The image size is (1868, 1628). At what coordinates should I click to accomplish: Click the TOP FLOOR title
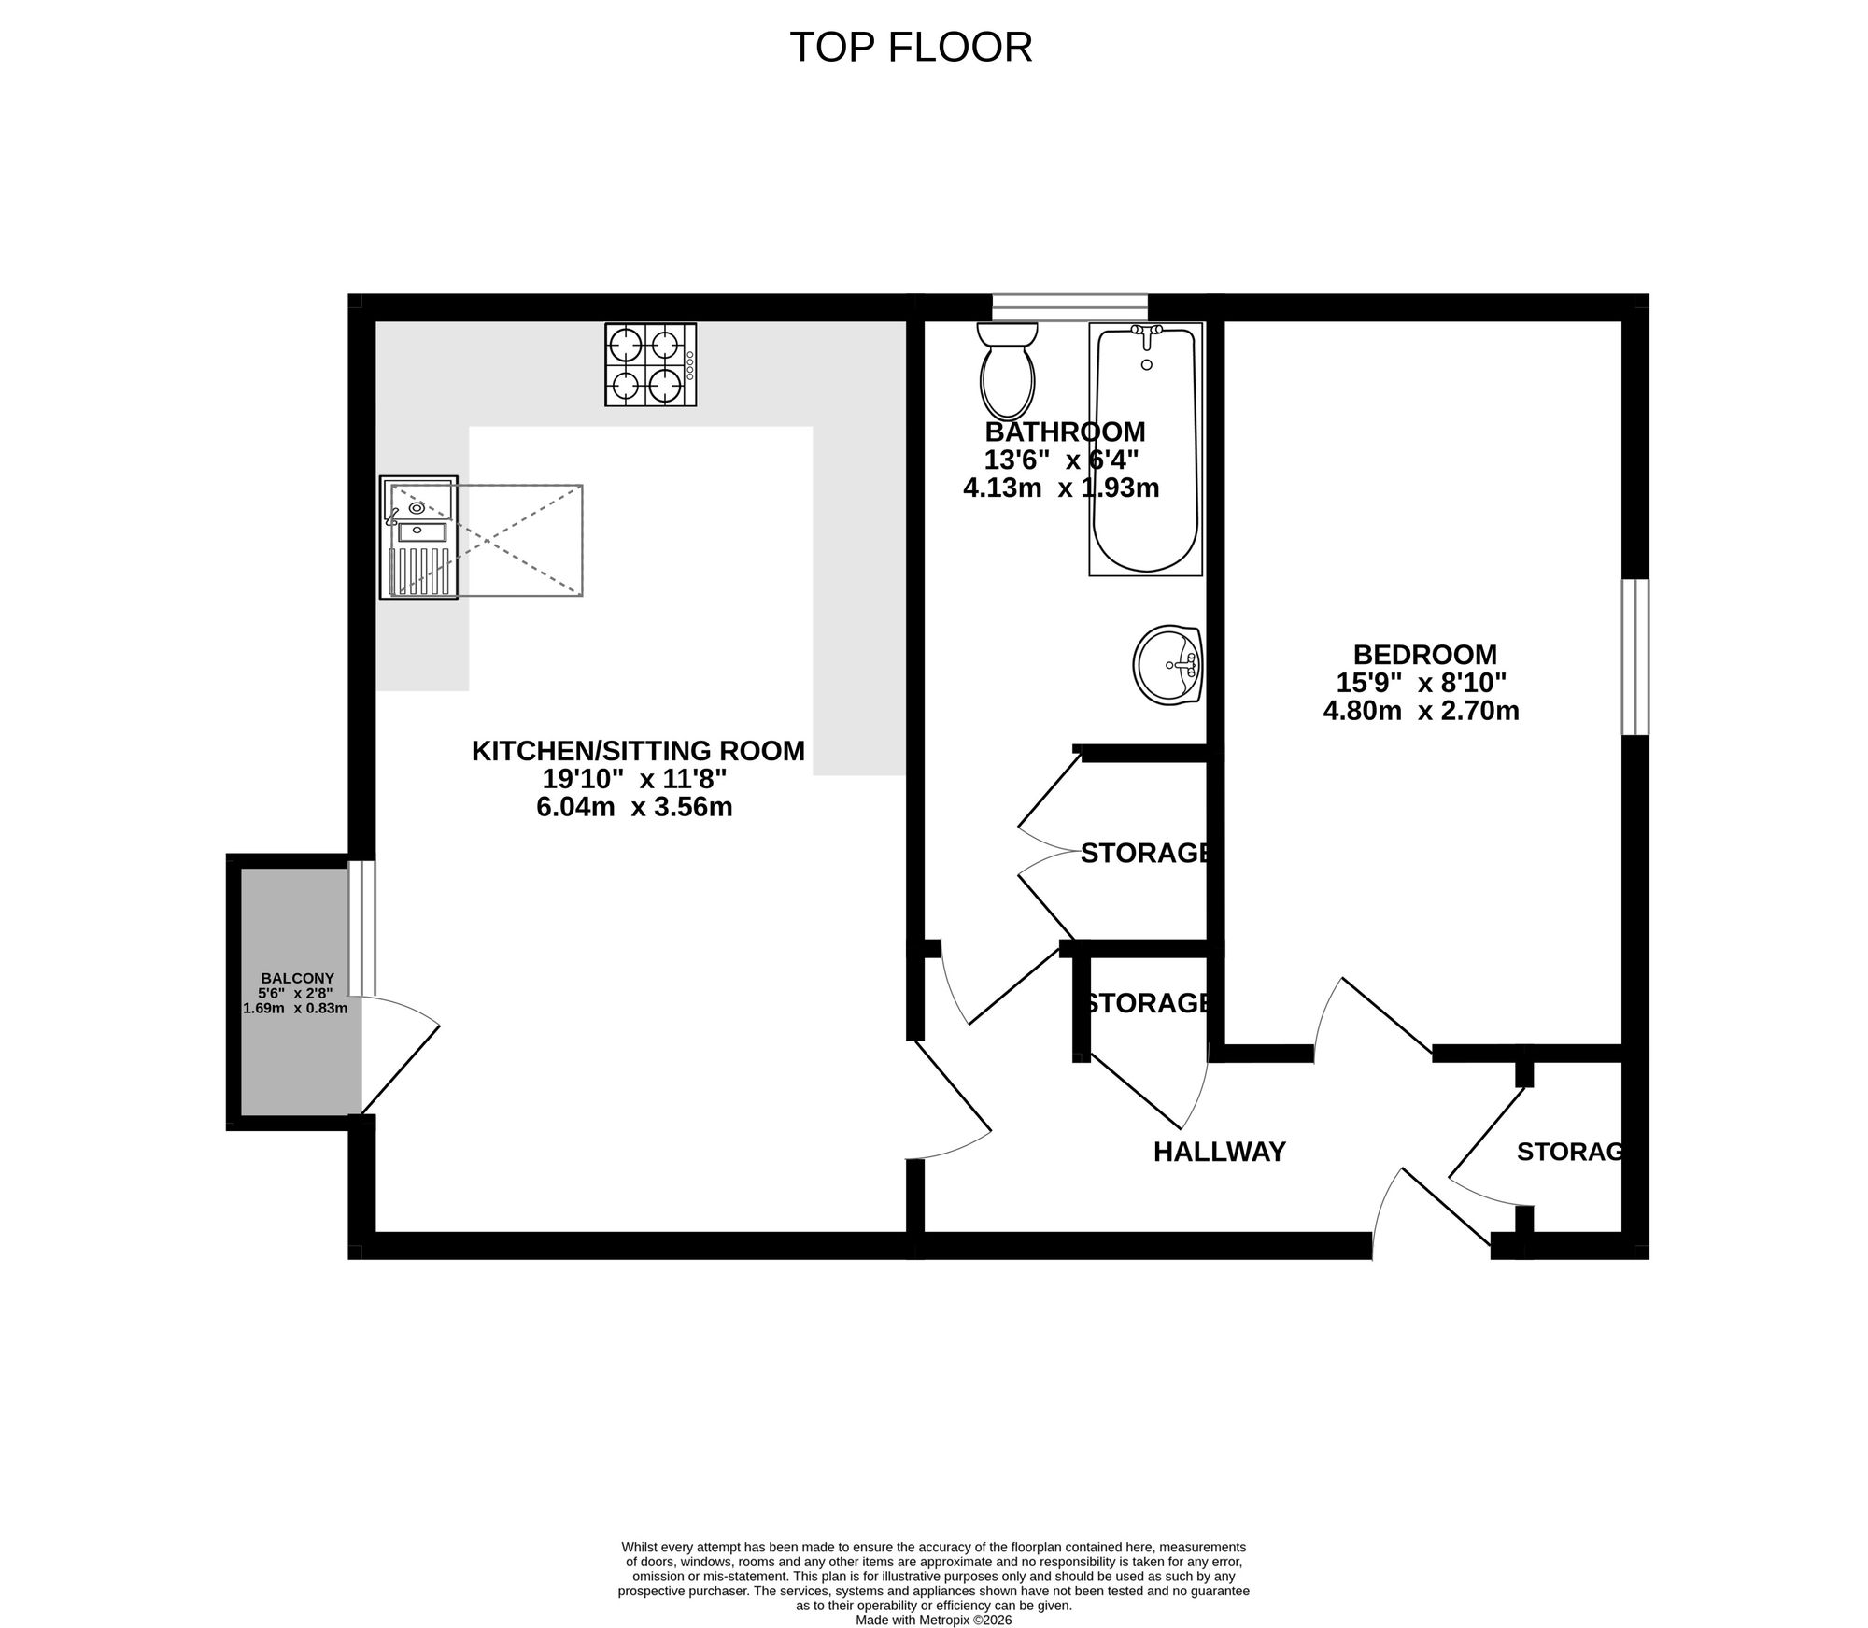[x=911, y=48]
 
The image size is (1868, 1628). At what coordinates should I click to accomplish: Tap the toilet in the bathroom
[x=1007, y=371]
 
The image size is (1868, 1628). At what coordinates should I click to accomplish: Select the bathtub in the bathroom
[x=1145, y=448]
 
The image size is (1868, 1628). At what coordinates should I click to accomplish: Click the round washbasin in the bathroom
[x=1167, y=666]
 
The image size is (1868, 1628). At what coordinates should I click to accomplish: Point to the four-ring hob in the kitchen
[x=651, y=364]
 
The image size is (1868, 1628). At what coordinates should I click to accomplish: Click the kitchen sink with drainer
[x=418, y=537]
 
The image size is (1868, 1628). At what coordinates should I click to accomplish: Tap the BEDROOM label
[x=1424, y=654]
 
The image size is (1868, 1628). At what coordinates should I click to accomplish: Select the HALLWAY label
[x=1220, y=1152]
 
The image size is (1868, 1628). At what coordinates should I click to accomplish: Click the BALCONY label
[x=297, y=978]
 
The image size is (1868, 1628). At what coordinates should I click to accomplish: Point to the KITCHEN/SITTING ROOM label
[x=638, y=750]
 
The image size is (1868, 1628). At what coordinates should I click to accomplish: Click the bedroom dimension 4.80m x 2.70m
[x=1421, y=711]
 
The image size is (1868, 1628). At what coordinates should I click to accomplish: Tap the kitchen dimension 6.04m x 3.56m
[x=634, y=807]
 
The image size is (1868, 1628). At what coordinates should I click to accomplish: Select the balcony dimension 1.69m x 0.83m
[x=295, y=1008]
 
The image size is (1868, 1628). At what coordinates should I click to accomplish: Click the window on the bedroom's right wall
[x=1635, y=657]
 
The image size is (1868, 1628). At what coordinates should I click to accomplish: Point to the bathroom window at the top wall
[x=1069, y=307]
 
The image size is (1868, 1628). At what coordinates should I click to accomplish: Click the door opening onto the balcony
[x=400, y=1055]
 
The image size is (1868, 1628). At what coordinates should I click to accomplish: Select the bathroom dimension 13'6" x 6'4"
[x=1062, y=460]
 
